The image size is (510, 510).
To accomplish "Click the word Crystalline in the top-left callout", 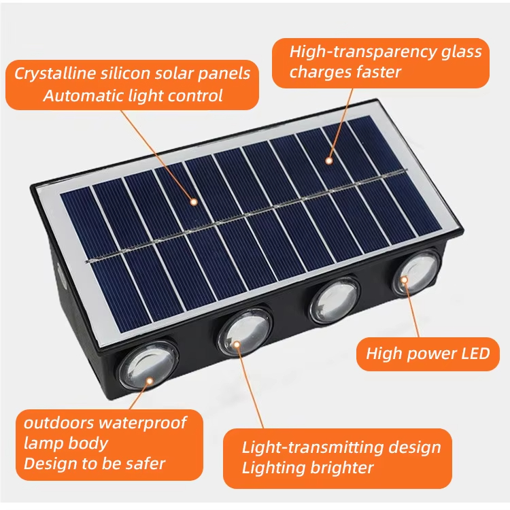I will click(52, 73).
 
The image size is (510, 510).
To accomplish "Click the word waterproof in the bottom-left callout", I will click(142, 423).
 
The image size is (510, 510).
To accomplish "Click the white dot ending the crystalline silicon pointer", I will click(194, 201).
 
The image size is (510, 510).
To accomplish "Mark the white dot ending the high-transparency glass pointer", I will click(328, 161).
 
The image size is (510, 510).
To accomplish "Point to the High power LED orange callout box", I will click(428, 354).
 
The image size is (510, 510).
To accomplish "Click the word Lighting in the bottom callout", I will click(275, 468).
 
